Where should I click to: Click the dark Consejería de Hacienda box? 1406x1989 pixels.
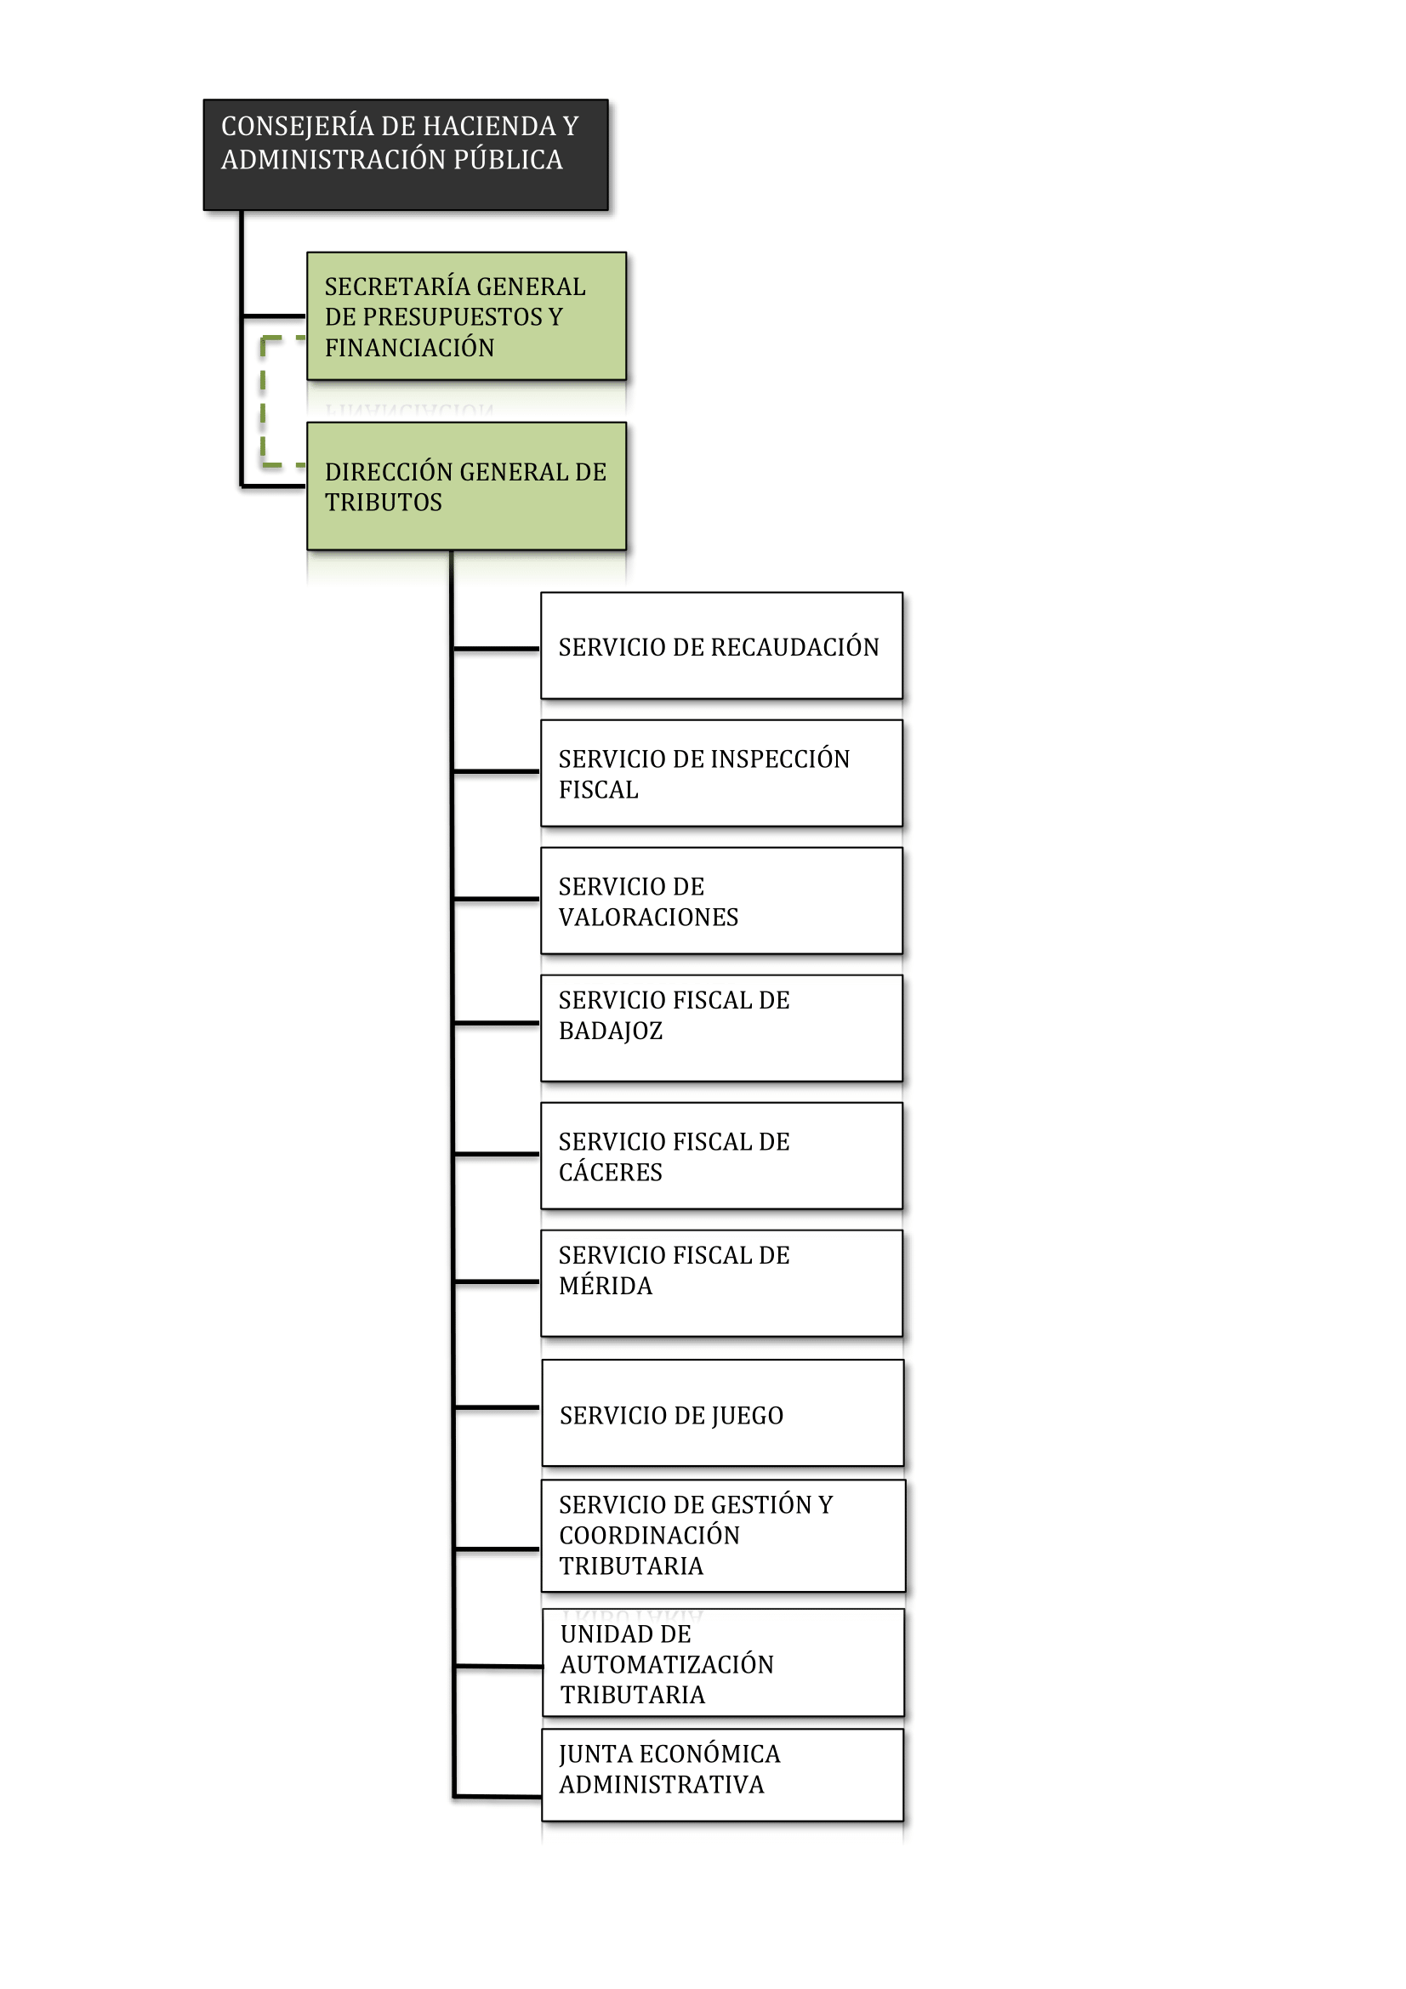(406, 154)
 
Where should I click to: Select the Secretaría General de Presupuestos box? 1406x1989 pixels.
(466, 316)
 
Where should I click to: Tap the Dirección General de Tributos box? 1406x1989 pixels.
(466, 486)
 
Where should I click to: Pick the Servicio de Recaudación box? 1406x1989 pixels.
(721, 645)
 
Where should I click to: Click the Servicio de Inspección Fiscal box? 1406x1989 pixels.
(721, 773)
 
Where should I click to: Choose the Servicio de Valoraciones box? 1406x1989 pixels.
(721, 900)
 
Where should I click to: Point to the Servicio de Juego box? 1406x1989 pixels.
(722, 1413)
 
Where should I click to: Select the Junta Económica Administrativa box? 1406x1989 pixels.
(722, 1775)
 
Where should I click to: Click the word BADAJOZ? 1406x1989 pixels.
(611, 1031)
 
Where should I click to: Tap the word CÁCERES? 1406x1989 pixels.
(611, 1171)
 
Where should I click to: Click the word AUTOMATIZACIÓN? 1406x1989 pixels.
(667, 1663)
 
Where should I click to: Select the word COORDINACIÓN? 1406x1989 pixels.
(650, 1534)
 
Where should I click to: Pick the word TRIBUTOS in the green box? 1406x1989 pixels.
(384, 503)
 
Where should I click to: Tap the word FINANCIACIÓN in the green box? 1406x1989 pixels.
(410, 348)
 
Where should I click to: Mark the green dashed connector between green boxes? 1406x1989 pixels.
(264, 401)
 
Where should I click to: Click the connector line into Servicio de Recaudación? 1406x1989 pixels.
(497, 648)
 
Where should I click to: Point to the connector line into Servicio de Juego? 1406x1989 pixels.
(497, 1407)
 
